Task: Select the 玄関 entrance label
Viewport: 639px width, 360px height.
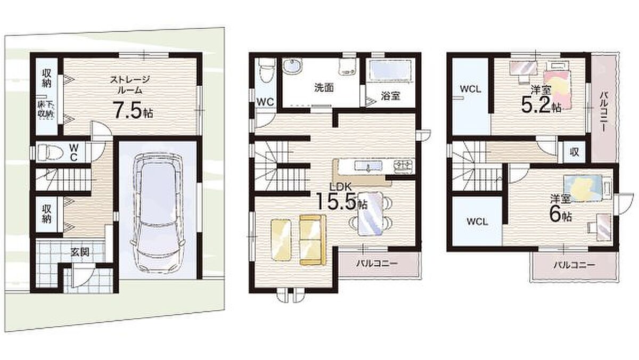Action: pyautogui.click(x=80, y=252)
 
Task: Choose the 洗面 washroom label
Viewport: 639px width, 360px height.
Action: pyautogui.click(x=324, y=88)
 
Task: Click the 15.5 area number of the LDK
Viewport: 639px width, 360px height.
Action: pyautogui.click(x=336, y=201)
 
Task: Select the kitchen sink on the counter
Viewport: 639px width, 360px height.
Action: pyautogui.click(x=368, y=166)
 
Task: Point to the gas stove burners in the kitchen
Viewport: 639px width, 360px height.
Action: pyautogui.click(x=404, y=166)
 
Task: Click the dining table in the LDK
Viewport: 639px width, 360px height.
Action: pyautogui.click(x=370, y=214)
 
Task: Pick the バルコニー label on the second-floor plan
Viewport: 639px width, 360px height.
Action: pyautogui.click(x=376, y=263)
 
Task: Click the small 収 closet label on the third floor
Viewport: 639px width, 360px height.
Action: pyautogui.click(x=574, y=152)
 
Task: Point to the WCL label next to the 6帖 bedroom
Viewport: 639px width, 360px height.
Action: pyautogui.click(x=478, y=222)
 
